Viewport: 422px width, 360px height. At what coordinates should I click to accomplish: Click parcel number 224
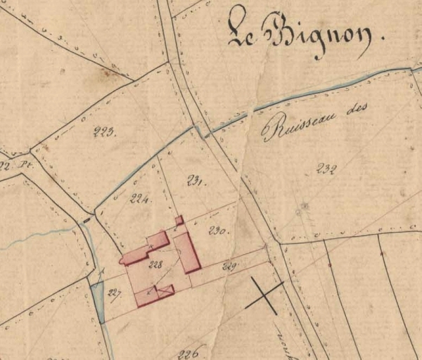click(x=140, y=199)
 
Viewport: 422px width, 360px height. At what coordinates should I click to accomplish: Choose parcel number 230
click(x=216, y=229)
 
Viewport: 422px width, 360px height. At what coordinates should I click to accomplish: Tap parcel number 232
click(x=327, y=168)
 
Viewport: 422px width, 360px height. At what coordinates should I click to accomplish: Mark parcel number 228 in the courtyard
click(x=155, y=265)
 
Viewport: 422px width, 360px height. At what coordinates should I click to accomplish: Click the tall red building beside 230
click(x=187, y=252)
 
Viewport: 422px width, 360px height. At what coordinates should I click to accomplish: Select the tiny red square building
click(x=179, y=220)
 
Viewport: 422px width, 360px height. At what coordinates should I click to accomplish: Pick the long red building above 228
click(x=146, y=248)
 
